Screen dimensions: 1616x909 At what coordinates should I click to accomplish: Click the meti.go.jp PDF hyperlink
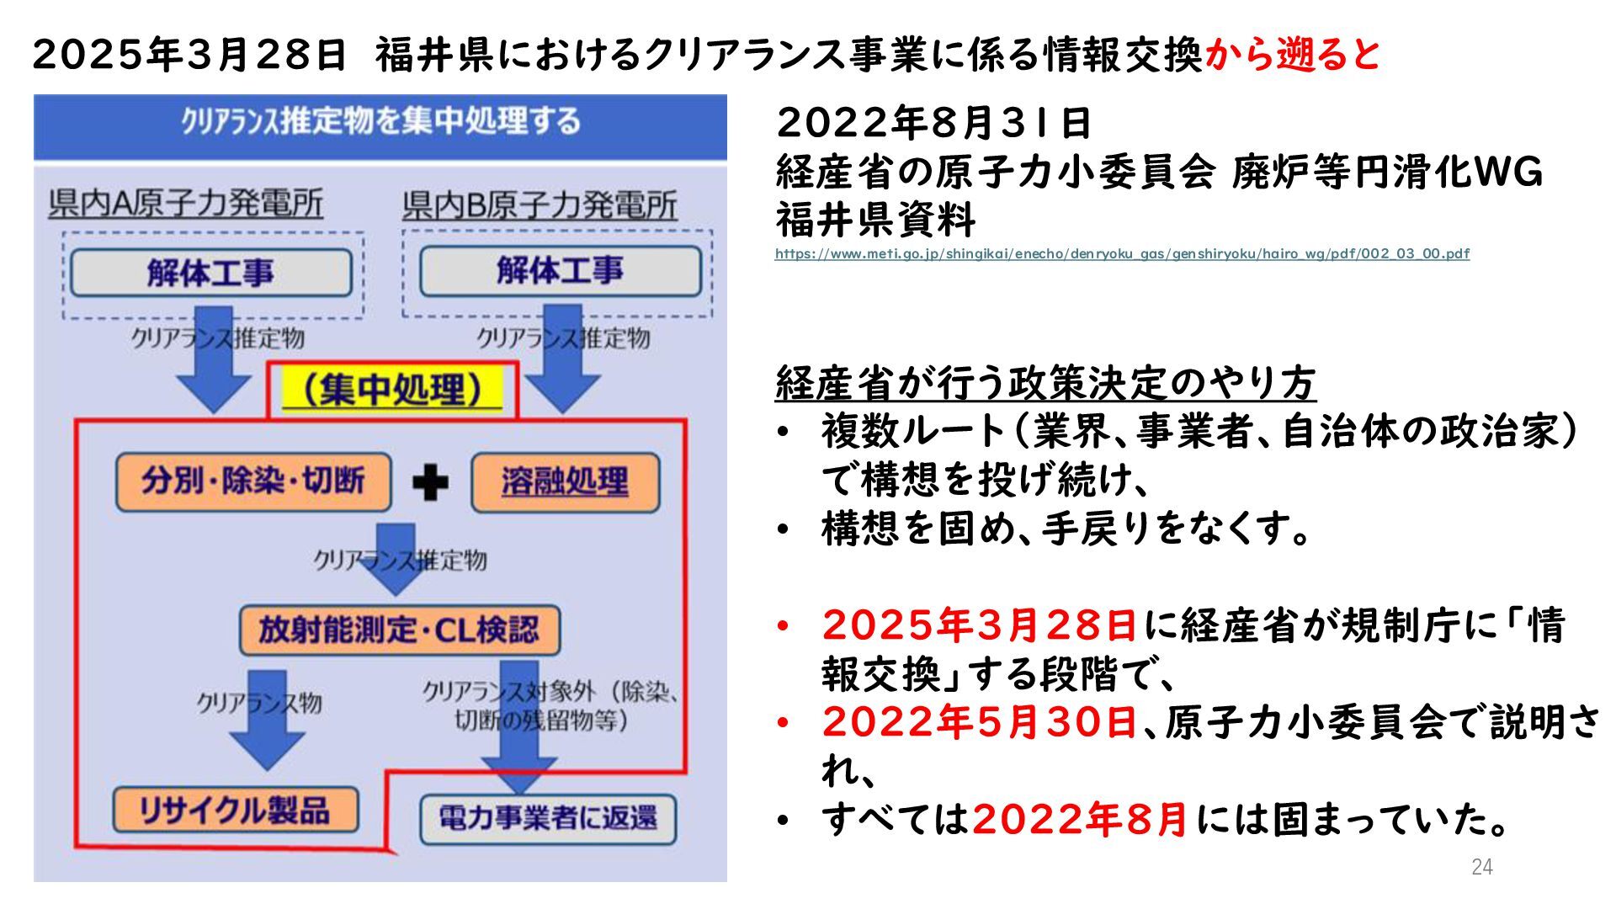pos(1122,253)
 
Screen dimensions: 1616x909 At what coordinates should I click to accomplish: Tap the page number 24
pos(1481,867)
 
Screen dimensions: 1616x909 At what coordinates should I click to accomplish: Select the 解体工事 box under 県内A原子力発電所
pos(211,273)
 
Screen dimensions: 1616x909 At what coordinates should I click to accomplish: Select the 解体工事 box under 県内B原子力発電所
pos(560,271)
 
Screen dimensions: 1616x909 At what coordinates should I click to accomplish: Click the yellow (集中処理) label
pos(392,390)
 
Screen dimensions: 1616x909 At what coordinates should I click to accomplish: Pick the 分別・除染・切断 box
pos(253,481)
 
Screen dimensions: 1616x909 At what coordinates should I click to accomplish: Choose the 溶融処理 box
pos(565,482)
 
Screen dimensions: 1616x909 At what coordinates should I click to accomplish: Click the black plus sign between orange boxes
pos(430,483)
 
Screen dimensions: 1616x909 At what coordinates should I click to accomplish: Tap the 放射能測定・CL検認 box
pos(399,630)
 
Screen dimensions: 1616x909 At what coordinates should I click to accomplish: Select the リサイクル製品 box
pos(235,810)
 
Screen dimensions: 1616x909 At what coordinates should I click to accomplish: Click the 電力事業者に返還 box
pos(548,818)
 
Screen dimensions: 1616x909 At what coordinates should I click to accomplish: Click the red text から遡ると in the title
pos(1293,55)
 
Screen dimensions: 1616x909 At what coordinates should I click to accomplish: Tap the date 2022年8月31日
pos(933,124)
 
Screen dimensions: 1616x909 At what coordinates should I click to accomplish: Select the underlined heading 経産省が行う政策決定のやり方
pos(1045,384)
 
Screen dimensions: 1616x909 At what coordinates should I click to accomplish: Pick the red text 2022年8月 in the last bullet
pos(1080,819)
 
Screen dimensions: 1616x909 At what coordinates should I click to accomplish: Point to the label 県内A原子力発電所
pos(186,205)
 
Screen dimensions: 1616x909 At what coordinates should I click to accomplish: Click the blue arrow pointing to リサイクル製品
pos(267,721)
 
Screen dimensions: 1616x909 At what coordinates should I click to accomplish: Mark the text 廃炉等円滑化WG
pos(1387,173)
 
